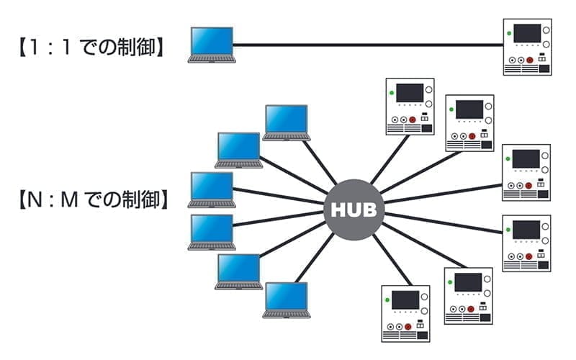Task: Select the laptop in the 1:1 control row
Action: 211,45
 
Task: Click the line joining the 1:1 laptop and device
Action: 367,45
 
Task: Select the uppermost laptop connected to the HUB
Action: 286,122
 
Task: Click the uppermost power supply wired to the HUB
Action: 410,105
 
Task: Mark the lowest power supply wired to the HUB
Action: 405,313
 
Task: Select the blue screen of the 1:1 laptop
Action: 211,41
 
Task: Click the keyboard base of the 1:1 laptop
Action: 211,59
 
